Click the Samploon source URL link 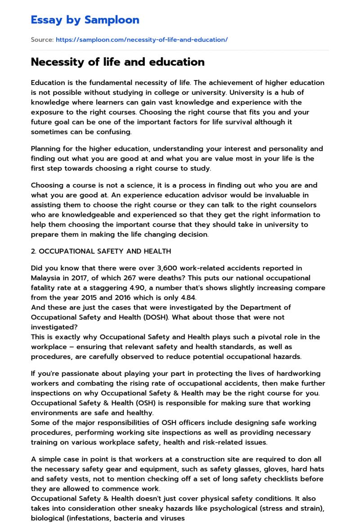point(141,40)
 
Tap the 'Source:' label point(42,40)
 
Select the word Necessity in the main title point(57,62)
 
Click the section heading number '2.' point(34,251)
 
